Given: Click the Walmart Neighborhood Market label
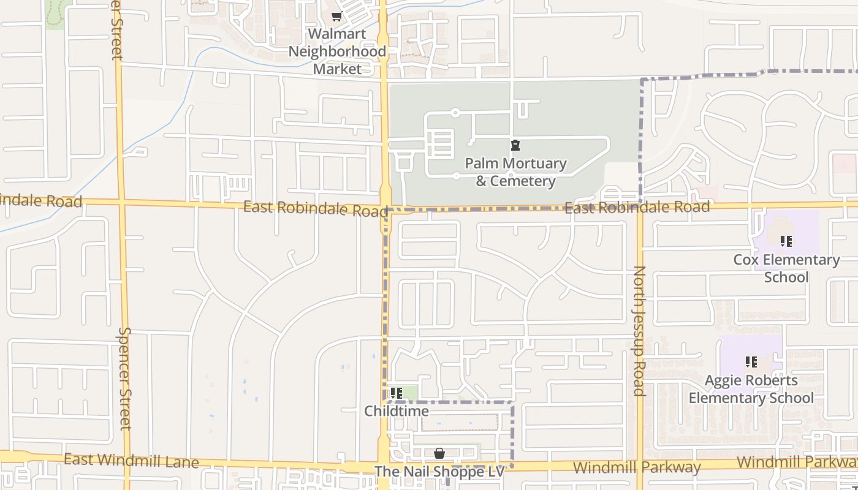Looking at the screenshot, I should coord(337,51).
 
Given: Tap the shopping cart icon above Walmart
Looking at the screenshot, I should coord(336,17).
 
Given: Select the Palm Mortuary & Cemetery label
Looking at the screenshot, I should coord(515,172).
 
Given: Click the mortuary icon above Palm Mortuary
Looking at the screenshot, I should coord(515,146).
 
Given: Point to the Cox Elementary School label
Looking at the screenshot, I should coord(786,268).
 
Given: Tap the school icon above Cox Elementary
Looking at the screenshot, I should coord(786,241).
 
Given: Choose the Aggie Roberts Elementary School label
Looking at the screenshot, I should coord(751,389).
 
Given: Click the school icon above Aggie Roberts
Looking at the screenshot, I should coord(751,362).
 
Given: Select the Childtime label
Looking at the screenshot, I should coord(397,411).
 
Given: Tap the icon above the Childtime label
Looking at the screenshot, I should coord(397,393).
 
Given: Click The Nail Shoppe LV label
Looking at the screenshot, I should coord(439,472).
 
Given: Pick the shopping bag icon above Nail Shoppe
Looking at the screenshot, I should coord(439,453).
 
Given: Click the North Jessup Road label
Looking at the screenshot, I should coord(639,331).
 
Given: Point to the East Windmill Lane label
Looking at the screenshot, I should coord(131,460).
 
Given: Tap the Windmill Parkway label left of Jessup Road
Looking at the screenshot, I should coord(637,468).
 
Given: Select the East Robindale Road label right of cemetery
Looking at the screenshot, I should coord(637,207).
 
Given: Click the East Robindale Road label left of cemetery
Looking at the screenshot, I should coord(315,208).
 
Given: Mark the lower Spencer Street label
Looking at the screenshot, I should coord(124,379).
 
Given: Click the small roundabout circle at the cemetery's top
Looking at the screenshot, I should coord(455,113).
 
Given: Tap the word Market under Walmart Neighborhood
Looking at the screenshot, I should coord(337,69).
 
